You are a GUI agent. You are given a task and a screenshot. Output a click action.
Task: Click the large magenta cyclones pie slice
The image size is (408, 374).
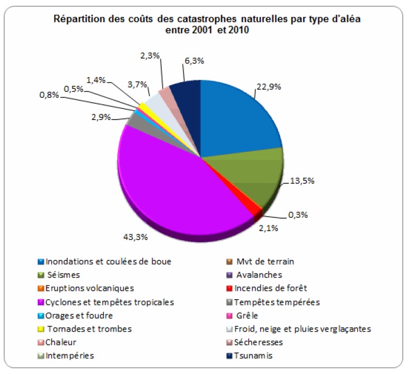tap(173, 179)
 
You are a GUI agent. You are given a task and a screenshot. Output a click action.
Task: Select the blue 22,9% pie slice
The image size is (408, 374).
tap(237, 114)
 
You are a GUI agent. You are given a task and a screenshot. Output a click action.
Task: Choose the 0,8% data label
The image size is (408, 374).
tap(48, 95)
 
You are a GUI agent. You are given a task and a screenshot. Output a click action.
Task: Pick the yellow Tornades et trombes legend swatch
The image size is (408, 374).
tap(41, 329)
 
